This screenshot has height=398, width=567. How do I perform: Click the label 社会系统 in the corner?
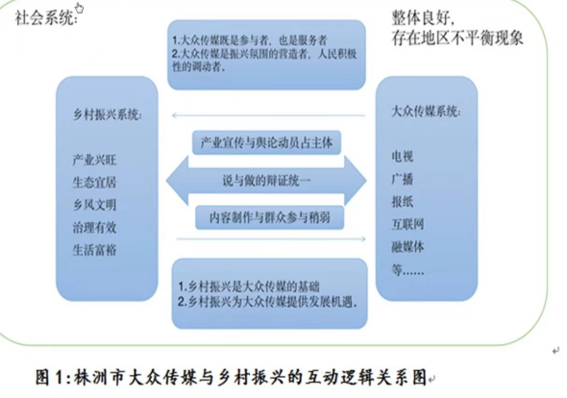(x=45, y=17)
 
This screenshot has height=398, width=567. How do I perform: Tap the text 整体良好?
(x=420, y=17)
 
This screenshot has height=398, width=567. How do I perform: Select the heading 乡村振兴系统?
(x=107, y=114)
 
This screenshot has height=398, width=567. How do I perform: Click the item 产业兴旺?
(x=94, y=160)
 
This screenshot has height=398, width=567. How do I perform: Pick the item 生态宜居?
(x=94, y=182)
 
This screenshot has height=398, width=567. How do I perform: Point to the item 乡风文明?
(x=94, y=205)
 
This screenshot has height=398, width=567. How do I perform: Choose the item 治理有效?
(x=94, y=227)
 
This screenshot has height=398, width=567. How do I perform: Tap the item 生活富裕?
(x=94, y=250)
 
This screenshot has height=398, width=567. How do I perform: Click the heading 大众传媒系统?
(x=426, y=112)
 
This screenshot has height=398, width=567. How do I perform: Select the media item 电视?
(x=402, y=157)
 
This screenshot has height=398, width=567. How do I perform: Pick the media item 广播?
(x=402, y=179)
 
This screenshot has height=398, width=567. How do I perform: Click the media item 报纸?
(x=402, y=202)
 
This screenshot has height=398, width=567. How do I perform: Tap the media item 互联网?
(x=407, y=224)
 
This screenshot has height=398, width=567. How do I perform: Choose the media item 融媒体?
(x=407, y=247)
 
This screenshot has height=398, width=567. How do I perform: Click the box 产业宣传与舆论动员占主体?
(x=266, y=142)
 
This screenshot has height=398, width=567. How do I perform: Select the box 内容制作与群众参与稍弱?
(x=269, y=217)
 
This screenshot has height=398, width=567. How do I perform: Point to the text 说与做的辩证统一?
(x=266, y=181)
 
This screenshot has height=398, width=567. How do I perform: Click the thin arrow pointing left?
(x=269, y=115)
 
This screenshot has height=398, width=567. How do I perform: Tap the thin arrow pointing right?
(x=271, y=238)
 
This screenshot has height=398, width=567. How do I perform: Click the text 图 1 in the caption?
(x=50, y=377)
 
